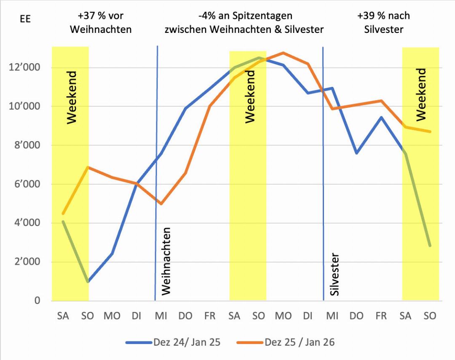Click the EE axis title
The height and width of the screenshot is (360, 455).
click(25, 19)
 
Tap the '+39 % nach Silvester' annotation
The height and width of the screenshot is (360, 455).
click(383, 23)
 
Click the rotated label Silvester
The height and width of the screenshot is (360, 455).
click(335, 274)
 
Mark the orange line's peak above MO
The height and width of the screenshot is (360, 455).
click(283, 53)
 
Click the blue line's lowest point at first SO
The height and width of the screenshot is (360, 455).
click(88, 282)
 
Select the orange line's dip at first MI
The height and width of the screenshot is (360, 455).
click(161, 204)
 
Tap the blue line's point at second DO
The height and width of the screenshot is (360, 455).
click(356, 153)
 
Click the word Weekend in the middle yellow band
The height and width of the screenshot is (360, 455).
click(250, 97)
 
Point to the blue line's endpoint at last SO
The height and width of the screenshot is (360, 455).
click(430, 246)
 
